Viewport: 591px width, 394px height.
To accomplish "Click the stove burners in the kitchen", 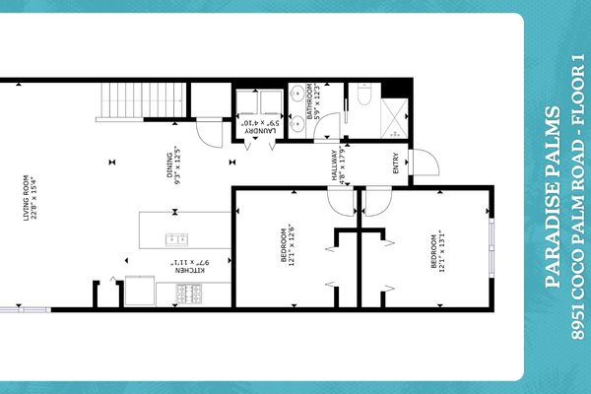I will point(187,293).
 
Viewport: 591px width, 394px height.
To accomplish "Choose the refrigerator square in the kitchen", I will point(139,293).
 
